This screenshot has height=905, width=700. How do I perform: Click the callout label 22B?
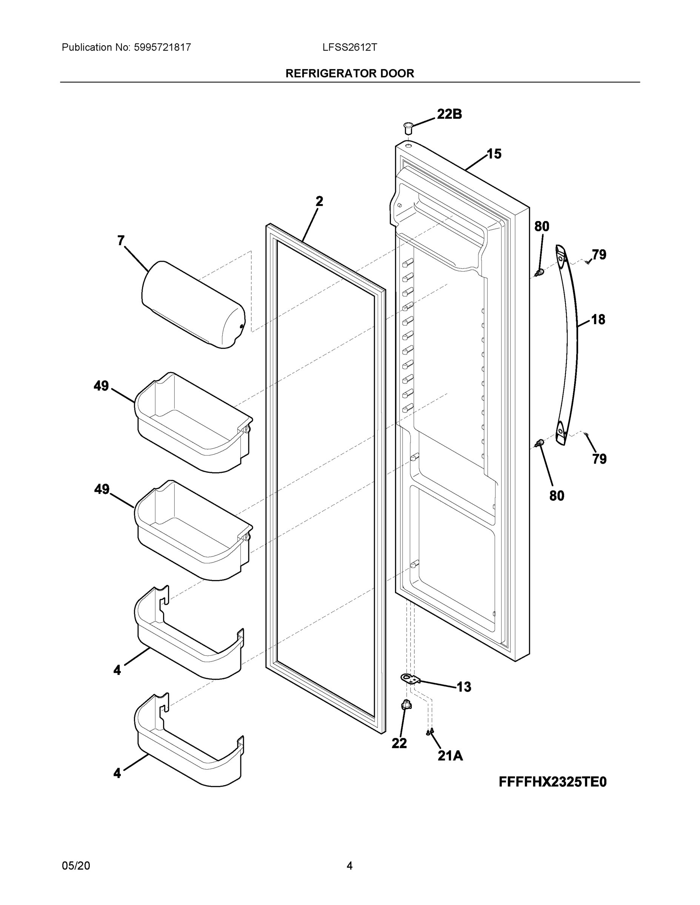pos(449,114)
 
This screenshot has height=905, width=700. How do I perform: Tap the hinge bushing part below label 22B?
pos(408,127)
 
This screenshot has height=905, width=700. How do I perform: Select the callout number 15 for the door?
pos(494,154)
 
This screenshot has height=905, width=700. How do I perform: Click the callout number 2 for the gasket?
pos(319,202)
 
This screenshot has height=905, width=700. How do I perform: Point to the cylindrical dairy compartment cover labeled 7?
pos(193,305)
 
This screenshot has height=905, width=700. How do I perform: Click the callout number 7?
pos(121,241)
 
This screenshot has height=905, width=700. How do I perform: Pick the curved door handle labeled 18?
pos(567,344)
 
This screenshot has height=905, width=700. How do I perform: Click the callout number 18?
pos(598,319)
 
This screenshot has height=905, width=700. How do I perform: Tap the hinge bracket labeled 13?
pos(410,679)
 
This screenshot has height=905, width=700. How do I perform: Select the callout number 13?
pos(464,687)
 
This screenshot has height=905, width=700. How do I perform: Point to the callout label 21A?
pos(450,756)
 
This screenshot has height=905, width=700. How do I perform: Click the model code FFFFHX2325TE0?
pos(552,782)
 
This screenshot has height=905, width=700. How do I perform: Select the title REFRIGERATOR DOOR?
pos(349,74)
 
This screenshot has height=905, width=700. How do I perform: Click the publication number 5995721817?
pos(163,48)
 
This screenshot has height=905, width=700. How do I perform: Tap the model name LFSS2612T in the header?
pos(349,48)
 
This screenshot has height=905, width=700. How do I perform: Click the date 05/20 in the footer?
pos(75,866)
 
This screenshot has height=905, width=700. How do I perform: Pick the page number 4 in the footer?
pos(349,866)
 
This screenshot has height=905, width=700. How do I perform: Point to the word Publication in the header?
pos(87,48)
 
